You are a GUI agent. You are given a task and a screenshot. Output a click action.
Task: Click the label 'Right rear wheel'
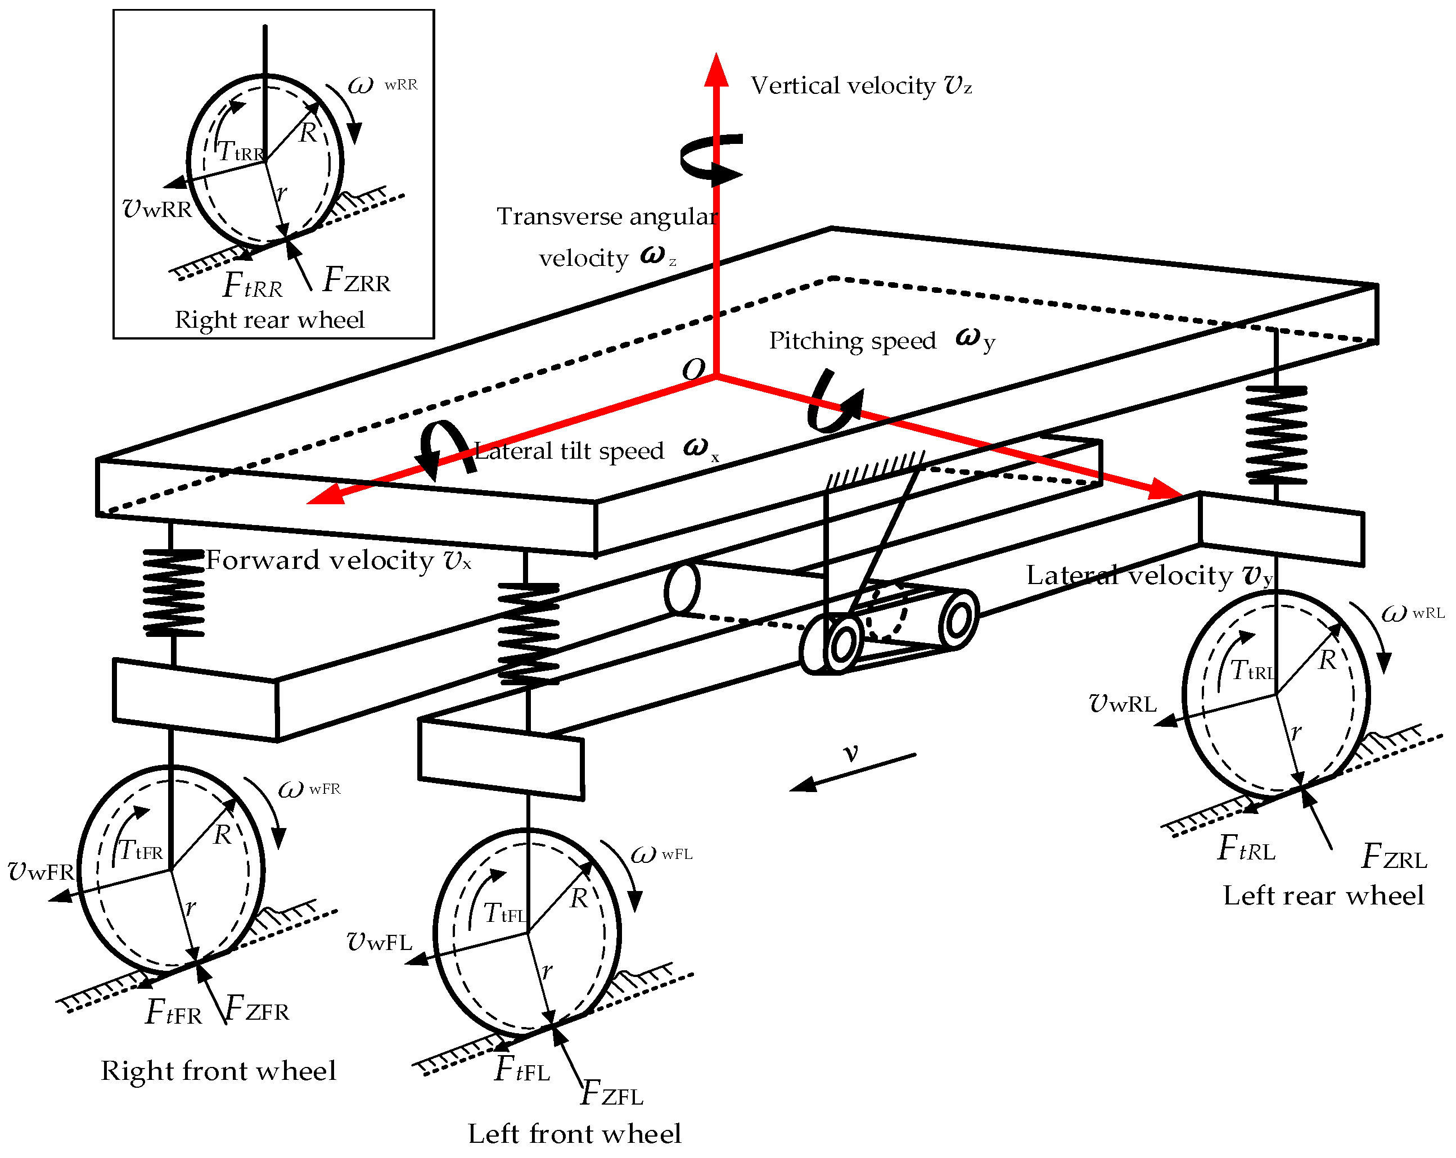click(x=269, y=319)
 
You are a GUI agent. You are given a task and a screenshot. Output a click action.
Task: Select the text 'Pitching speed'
click(x=852, y=341)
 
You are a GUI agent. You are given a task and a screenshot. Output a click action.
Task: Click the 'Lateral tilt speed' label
click(x=569, y=451)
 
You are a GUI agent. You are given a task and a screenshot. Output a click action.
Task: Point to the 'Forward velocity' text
click(x=319, y=560)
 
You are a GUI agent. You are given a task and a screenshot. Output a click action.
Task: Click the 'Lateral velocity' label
click(x=1129, y=575)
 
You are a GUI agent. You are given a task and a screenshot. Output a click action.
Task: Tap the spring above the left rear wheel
click(x=1275, y=435)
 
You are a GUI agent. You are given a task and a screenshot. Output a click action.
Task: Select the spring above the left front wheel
click(x=528, y=634)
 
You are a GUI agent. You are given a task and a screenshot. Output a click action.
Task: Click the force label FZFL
click(x=612, y=1092)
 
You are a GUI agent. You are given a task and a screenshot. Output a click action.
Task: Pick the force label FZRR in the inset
click(x=357, y=280)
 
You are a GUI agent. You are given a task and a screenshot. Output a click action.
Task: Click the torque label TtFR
click(x=141, y=850)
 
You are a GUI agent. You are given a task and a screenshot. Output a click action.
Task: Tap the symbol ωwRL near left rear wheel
click(x=1412, y=613)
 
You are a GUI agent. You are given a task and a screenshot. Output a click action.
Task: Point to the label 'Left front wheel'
click(x=574, y=1134)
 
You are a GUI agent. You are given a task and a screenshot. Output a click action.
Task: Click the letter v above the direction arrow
click(x=851, y=752)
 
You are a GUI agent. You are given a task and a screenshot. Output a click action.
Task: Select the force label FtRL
click(x=1247, y=849)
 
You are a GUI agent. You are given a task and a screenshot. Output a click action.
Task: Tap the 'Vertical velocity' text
click(x=843, y=86)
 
